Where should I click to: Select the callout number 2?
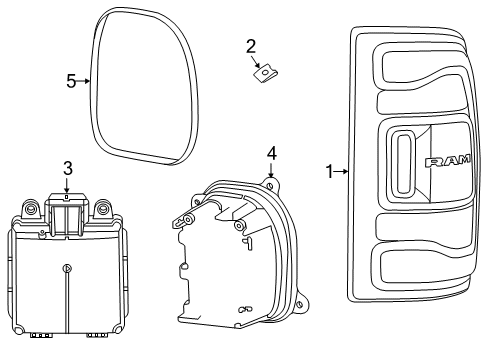251,45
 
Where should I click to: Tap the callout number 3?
67,167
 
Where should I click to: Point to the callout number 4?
271,153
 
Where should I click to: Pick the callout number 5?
71,81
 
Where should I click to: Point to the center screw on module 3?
66,267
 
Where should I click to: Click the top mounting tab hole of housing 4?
271,182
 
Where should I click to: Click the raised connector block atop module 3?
67,212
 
